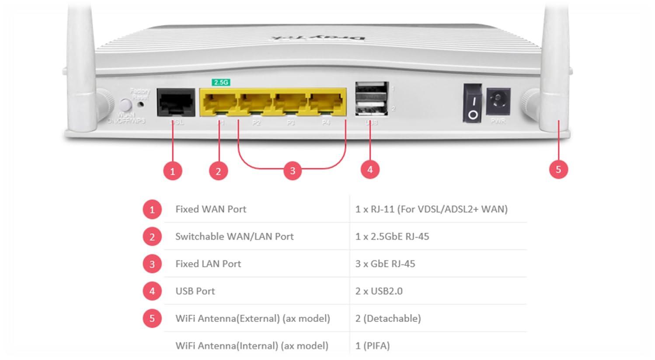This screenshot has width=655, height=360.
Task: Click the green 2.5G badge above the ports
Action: (221, 82)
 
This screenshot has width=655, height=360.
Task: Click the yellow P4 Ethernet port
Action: (326, 103)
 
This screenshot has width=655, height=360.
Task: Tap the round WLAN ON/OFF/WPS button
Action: (125, 105)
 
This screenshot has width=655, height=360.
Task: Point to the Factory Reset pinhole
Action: (141, 105)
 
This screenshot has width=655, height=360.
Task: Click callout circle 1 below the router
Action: (173, 171)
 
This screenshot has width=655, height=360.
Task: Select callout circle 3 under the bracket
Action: (293, 171)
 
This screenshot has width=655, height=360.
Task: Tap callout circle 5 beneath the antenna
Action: (558, 169)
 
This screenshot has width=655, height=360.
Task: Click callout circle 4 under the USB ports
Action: (370, 169)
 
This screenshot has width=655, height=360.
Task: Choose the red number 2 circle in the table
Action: (152, 237)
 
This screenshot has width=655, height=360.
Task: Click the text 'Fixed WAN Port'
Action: (211, 209)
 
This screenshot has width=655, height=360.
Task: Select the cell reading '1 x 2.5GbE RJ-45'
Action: (392, 237)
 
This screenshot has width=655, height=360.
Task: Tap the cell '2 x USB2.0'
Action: (379, 291)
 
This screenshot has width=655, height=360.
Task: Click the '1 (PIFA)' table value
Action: (372, 346)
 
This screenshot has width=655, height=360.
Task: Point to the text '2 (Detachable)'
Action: (388, 318)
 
